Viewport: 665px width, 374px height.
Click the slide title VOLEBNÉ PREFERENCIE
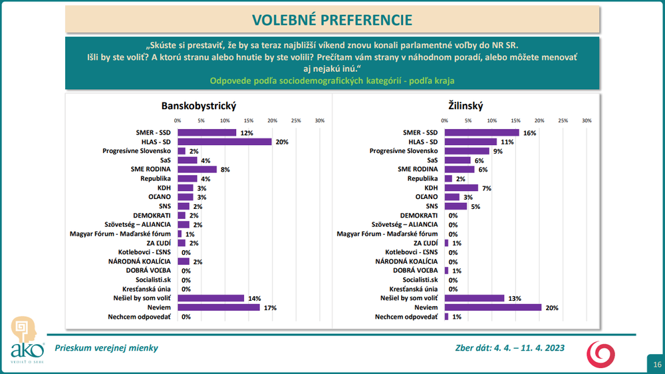tap(332, 19)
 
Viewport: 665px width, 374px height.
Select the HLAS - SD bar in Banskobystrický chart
tap(225, 142)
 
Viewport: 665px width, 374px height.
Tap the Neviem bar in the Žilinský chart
tap(493, 307)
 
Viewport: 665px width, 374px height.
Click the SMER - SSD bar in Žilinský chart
tap(482, 132)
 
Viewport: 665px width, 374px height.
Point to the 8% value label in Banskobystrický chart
tap(225, 170)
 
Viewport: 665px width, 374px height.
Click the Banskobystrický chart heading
tap(199, 106)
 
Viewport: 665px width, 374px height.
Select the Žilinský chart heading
tap(465, 106)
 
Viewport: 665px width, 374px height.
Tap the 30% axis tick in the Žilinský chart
tap(587, 120)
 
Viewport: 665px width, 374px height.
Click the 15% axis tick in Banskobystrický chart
tap(248, 120)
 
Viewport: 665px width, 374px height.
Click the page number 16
tap(657, 364)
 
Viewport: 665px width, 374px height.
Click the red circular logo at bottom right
tap(604, 353)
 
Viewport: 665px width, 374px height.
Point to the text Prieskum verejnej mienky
tap(106, 347)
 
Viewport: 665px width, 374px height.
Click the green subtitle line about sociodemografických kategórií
tap(332, 81)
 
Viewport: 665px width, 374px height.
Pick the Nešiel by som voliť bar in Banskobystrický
tap(211, 298)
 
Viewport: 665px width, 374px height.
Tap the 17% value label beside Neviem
tap(270, 308)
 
